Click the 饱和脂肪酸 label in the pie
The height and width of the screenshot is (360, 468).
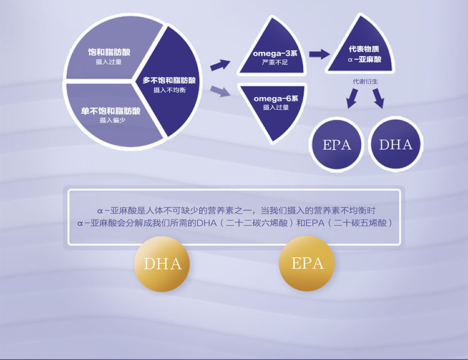click(x=109, y=52)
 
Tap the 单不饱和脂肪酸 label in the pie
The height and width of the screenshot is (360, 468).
click(x=110, y=111)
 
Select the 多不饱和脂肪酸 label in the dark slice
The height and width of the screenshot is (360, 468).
click(x=169, y=80)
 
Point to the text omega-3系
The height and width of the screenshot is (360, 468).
click(x=275, y=54)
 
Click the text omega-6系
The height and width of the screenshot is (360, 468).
click(x=276, y=99)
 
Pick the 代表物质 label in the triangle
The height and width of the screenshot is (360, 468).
click(x=364, y=49)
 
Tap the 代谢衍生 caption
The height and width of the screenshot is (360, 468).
click(x=365, y=82)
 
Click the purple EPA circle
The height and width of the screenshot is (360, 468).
click(x=337, y=145)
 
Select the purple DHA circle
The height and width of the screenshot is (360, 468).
click(x=396, y=144)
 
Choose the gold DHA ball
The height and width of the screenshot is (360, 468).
click(x=162, y=264)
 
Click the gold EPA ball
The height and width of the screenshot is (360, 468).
click(x=307, y=263)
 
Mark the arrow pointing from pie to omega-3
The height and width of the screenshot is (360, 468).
click(x=220, y=65)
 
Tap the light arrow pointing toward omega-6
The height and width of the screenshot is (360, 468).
click(x=220, y=91)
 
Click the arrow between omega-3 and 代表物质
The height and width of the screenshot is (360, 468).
click(x=319, y=54)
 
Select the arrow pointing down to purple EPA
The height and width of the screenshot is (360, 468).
click(x=352, y=99)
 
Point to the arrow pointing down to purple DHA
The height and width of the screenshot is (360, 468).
click(x=378, y=98)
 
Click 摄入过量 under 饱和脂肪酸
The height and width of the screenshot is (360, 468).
click(x=109, y=62)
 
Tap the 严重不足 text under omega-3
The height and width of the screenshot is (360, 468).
click(x=275, y=62)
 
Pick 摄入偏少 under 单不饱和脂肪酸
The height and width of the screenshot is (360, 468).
click(x=112, y=120)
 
